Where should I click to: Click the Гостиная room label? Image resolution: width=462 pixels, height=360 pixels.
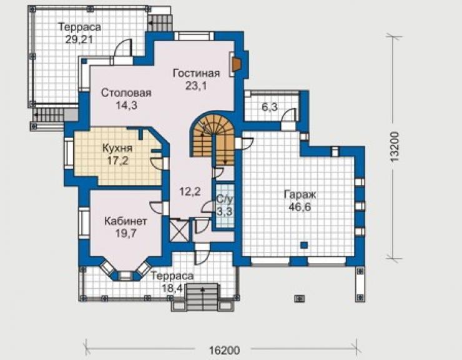[x=196, y=73]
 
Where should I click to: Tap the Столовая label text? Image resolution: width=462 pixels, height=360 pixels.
[x=126, y=92]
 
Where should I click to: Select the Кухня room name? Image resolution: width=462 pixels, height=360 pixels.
[x=117, y=148]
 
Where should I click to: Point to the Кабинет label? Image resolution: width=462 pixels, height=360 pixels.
[x=126, y=221]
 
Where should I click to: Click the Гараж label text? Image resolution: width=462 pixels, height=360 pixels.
[x=300, y=195]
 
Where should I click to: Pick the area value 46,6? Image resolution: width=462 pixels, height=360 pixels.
[x=300, y=207]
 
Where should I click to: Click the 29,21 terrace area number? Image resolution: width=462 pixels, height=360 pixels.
[x=79, y=39]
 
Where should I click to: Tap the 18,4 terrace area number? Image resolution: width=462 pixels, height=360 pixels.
[x=173, y=287]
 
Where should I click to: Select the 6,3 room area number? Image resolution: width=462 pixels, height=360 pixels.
[x=270, y=106]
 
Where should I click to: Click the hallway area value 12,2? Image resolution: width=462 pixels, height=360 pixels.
[x=190, y=192]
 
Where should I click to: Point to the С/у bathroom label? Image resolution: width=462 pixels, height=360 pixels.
[x=225, y=199]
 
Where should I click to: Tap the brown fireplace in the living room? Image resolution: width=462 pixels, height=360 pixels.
[x=236, y=64]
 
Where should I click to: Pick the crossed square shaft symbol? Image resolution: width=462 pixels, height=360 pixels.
[x=180, y=231]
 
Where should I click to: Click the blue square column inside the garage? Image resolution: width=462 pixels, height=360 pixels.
[x=304, y=245]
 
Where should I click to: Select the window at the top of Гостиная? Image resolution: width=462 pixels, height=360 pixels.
[x=194, y=36]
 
